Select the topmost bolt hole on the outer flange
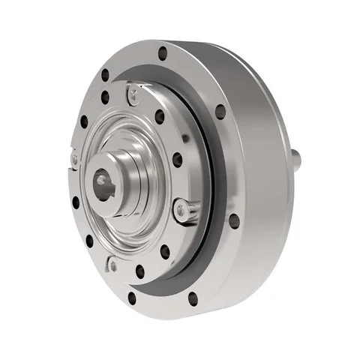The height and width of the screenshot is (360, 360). (x=162, y=53)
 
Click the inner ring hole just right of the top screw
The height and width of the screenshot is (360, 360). (x=159, y=116)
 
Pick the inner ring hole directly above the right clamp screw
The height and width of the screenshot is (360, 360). (x=177, y=160)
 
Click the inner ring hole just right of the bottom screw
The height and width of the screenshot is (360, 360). (x=139, y=271)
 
